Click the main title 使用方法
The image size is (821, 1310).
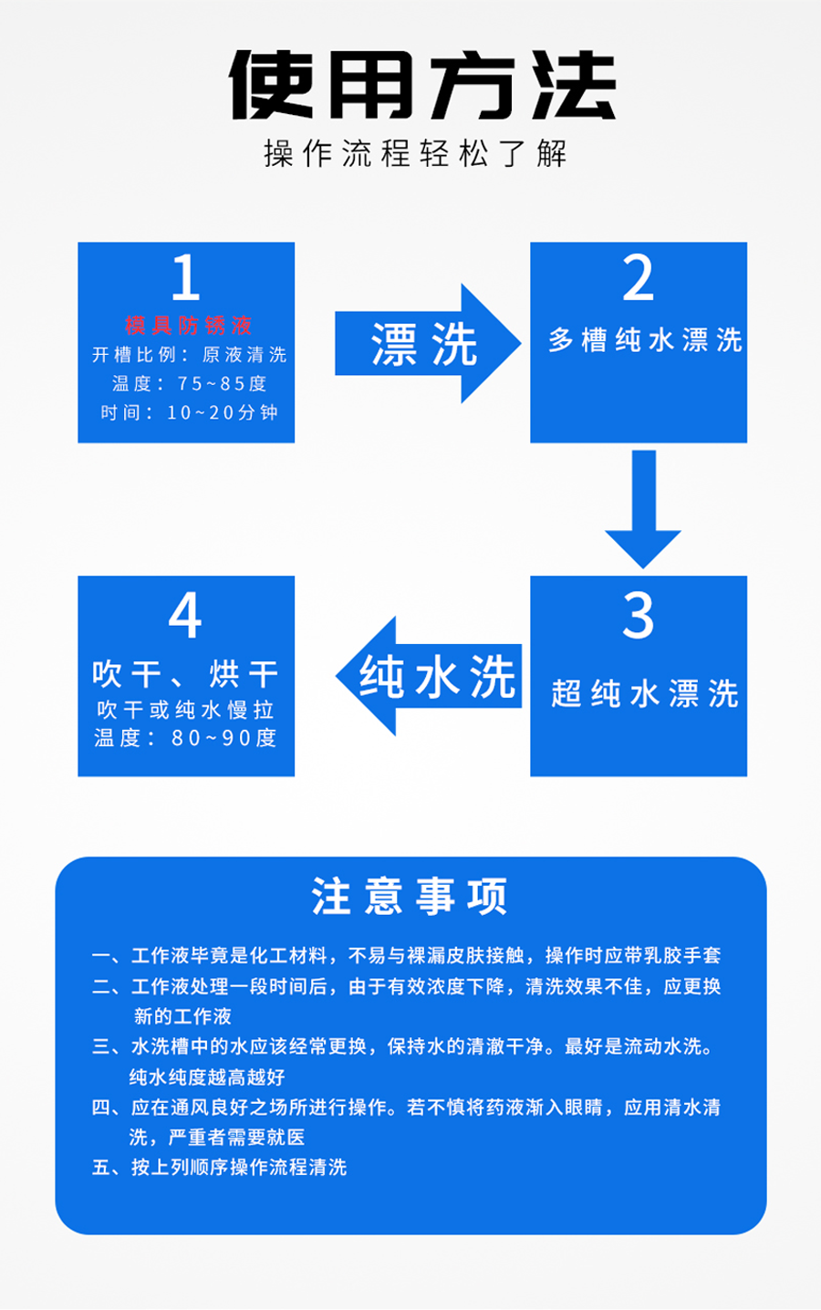[x=422, y=85]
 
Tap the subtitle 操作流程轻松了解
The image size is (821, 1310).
[x=415, y=153]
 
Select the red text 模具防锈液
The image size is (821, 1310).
[x=188, y=325]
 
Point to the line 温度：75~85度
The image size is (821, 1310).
[x=189, y=384]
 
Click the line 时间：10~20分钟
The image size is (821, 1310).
[x=189, y=412]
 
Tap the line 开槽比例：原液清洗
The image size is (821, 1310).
[x=189, y=354]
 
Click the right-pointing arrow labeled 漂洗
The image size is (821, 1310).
[x=428, y=343]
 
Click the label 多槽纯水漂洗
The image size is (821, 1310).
[x=645, y=339]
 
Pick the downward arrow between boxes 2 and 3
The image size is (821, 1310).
[x=643, y=509]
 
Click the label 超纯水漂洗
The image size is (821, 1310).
[x=644, y=693]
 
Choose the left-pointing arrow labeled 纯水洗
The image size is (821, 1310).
[x=429, y=675]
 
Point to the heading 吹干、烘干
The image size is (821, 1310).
[x=185, y=674]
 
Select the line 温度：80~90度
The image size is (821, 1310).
[x=185, y=738]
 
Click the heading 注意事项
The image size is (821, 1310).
[x=410, y=895]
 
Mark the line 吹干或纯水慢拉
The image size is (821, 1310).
[x=185, y=710]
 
